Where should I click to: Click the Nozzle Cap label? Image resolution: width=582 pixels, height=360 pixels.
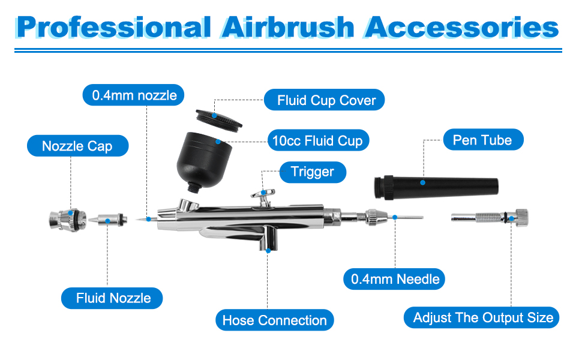(x=77, y=146)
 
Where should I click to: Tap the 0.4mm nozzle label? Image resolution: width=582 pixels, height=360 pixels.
(x=134, y=95)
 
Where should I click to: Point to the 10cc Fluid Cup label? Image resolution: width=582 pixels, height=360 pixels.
(x=318, y=141)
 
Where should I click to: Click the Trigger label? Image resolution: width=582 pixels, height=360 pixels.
(x=312, y=172)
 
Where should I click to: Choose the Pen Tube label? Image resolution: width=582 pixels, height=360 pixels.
(x=482, y=140)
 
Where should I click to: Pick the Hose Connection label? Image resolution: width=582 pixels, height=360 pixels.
(x=274, y=320)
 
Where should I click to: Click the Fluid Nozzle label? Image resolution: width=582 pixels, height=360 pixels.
(x=113, y=298)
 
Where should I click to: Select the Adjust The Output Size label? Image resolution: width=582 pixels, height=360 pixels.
(x=483, y=317)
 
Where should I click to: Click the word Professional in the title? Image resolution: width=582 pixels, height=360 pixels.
(x=113, y=28)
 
